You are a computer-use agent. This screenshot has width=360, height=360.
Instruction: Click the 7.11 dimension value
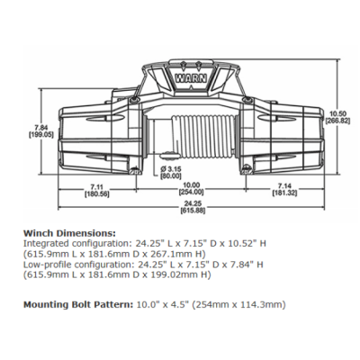pyautogui.click(x=96, y=184)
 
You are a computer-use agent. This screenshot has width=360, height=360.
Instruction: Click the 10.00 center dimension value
pyautogui.click(x=188, y=184)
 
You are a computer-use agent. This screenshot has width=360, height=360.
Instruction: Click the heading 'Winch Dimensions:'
pyautogui.click(x=68, y=232)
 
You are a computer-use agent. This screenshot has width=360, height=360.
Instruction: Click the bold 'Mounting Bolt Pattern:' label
pyautogui.click(x=80, y=305)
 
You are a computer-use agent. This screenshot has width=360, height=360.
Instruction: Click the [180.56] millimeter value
pyautogui.click(x=96, y=193)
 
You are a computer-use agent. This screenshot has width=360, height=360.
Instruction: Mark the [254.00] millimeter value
pyautogui.click(x=188, y=193)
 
